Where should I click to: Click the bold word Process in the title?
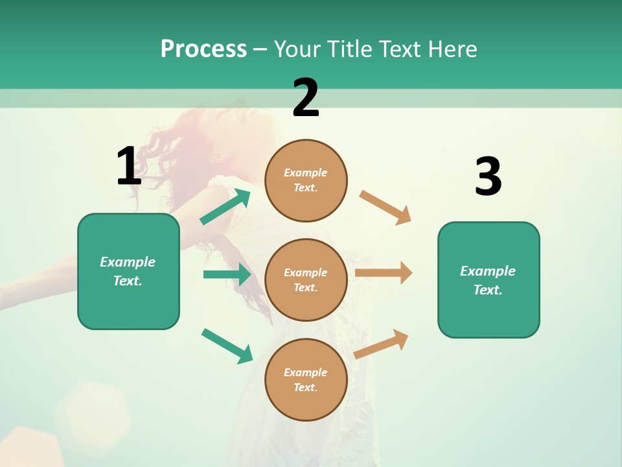coord(203,49)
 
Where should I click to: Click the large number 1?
coord(129,166)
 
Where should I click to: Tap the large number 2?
coord(306,98)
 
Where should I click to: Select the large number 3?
coord(488,177)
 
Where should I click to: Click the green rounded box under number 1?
coord(128,271)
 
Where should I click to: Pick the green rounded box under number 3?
coord(489,280)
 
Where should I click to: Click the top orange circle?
coord(306,180)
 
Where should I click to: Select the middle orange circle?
coord(306,280)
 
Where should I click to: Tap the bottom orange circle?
coord(306,379)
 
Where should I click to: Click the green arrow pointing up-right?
coord(225,207)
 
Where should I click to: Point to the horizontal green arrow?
coord(227,274)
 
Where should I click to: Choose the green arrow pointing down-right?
coord(227,346)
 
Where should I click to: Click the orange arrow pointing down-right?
coord(386,208)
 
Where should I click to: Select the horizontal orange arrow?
coord(384,272)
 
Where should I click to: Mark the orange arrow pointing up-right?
coord(382,344)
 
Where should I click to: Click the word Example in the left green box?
coord(128,262)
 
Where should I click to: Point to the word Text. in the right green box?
coord(488,290)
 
